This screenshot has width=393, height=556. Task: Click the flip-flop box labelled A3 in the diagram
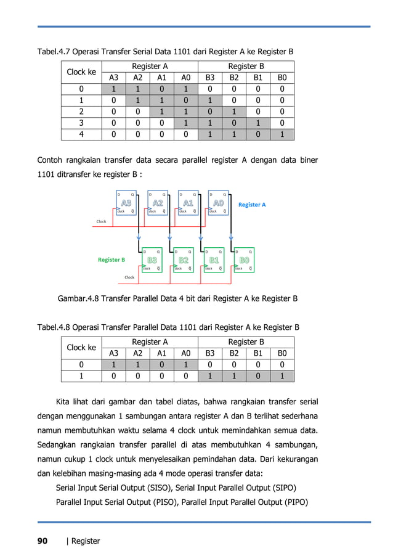coord(127,202)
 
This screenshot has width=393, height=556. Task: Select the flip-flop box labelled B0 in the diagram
coord(244,261)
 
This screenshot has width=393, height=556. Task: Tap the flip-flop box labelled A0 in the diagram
coord(219,202)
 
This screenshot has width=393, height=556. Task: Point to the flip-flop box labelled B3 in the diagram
coord(152,261)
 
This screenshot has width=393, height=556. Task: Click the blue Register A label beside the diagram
coord(252,205)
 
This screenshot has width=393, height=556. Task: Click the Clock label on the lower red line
coord(129,277)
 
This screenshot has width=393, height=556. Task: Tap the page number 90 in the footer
coord(43,541)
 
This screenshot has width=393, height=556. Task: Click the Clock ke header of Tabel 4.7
coord(81,72)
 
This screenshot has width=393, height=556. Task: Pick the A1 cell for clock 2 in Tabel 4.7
coord(161,113)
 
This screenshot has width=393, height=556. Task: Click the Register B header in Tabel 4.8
coord(246,341)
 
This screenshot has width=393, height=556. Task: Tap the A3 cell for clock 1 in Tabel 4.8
coord(114,375)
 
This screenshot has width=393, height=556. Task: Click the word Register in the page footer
coord(86,541)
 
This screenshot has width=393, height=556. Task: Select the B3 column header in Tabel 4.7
coord(210,78)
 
